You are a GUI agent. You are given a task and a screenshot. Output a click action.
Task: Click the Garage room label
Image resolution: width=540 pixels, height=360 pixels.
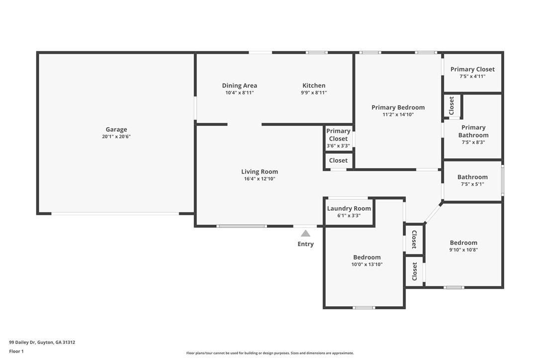click(x=116, y=130)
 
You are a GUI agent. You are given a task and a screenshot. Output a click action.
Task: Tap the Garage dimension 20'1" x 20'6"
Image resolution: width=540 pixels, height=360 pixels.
click(x=116, y=136)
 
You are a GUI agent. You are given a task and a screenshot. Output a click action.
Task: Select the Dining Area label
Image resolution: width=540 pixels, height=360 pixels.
click(x=239, y=86)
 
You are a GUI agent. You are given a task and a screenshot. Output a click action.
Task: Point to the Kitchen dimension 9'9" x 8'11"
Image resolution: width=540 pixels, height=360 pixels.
click(x=314, y=92)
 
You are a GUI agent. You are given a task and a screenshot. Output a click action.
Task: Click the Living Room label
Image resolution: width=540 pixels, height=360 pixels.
click(x=260, y=172)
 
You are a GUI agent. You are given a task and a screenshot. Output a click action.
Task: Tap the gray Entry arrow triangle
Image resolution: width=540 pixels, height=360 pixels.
click(x=305, y=234)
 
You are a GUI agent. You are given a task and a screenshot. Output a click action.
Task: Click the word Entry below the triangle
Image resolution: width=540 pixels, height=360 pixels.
click(x=305, y=244)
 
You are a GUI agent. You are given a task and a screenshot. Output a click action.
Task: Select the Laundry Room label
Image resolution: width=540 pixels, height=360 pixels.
click(x=349, y=208)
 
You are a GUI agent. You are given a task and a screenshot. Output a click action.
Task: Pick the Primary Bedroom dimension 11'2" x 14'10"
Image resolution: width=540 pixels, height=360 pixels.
click(x=398, y=115)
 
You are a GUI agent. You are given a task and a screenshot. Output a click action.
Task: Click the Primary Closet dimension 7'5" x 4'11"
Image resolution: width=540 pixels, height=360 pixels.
click(x=472, y=77)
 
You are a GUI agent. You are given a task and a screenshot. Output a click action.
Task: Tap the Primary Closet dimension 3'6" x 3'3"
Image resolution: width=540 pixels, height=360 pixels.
click(x=338, y=146)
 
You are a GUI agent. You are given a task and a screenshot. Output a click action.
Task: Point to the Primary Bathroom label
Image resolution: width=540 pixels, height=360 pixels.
click(x=473, y=131)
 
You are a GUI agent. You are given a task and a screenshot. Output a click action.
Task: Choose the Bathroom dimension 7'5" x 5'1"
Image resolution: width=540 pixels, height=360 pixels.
click(x=472, y=184)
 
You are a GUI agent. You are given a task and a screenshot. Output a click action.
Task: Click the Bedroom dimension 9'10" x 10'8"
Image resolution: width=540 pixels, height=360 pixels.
click(x=463, y=250)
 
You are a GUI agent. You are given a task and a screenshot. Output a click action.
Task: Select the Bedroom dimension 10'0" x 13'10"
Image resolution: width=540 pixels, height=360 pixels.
click(x=367, y=265)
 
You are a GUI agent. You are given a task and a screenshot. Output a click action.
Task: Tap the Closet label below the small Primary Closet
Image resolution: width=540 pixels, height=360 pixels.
click(x=338, y=161)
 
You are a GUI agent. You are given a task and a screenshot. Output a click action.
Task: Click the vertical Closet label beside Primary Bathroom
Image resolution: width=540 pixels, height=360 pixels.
click(x=451, y=106)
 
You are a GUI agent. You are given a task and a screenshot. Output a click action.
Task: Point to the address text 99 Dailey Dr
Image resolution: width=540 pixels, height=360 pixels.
click(x=22, y=343)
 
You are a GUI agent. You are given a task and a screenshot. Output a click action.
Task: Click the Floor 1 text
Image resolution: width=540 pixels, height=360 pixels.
click(x=16, y=352)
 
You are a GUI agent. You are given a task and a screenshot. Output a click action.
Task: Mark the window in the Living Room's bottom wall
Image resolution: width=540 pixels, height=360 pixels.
click(x=242, y=226)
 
